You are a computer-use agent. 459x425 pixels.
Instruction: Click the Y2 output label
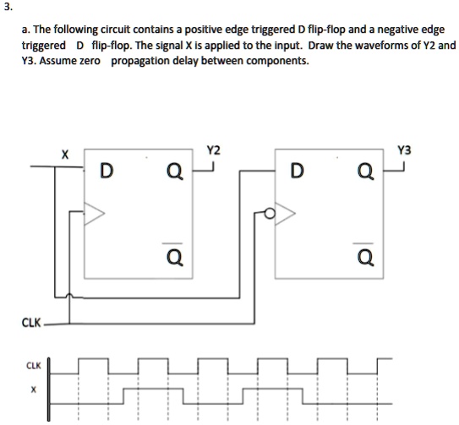tap(213, 150)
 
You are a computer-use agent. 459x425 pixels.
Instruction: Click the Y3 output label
tap(404, 150)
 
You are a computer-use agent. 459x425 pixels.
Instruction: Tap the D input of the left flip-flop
tap(107, 171)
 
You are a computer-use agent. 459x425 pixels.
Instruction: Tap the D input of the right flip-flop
tap(297, 171)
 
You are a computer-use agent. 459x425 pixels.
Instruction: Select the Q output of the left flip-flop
tap(175, 172)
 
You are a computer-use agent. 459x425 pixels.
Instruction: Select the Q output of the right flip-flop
tap(366, 172)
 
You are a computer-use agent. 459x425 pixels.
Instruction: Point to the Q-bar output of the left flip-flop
tap(175, 254)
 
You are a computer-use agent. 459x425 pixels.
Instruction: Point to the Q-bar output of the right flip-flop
tap(365, 254)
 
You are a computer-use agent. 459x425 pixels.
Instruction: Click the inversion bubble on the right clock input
tap(270, 213)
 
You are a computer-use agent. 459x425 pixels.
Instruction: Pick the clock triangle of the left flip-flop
tap(94, 214)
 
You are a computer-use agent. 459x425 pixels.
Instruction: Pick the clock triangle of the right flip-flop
tap(285, 214)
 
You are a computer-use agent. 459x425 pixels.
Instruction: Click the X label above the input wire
tap(65, 155)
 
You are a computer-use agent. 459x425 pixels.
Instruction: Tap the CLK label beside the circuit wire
tap(31, 323)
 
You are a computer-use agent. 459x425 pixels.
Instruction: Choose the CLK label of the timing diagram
tap(34, 366)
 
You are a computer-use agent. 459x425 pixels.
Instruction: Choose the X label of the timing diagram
tap(34, 390)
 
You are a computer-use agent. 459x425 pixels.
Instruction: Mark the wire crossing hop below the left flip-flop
tap(69, 296)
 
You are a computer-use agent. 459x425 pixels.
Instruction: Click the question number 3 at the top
tap(8, 8)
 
